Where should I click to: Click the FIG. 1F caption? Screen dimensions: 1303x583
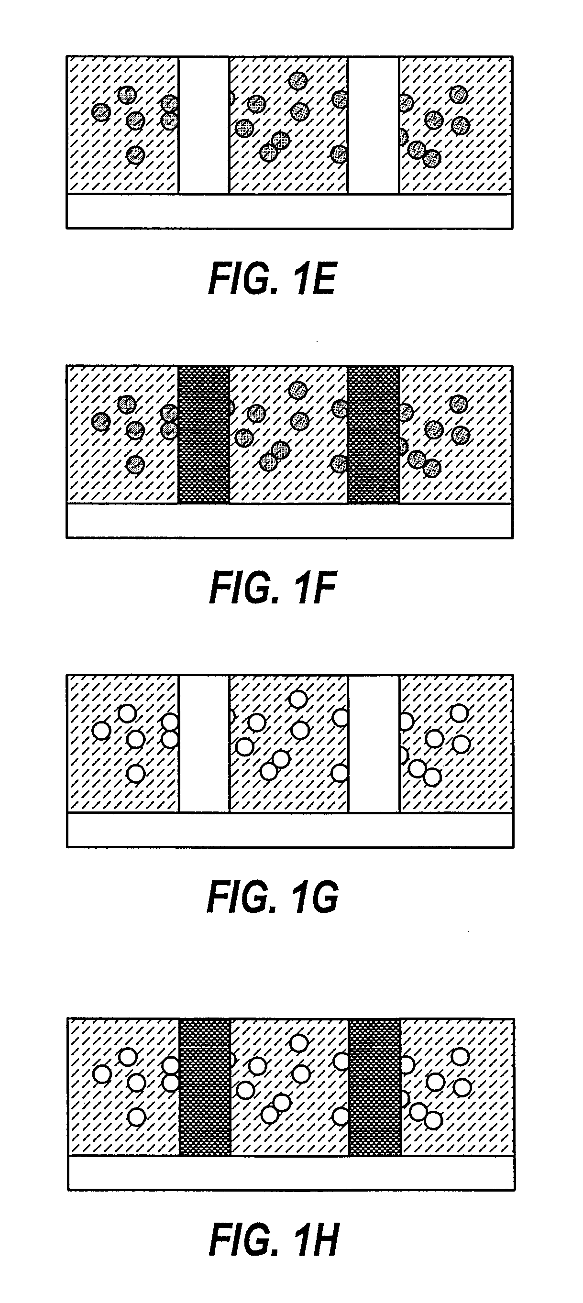point(273,588)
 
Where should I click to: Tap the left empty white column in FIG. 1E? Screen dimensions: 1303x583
point(204,125)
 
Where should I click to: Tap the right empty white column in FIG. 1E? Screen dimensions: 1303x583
point(374,125)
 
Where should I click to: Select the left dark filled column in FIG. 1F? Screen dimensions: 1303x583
point(204,435)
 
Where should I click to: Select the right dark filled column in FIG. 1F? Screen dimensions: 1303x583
point(374,435)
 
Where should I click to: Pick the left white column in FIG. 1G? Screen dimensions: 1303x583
point(204,744)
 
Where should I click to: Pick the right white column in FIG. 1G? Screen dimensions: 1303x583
point(374,744)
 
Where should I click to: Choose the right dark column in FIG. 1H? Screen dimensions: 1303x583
point(374,1086)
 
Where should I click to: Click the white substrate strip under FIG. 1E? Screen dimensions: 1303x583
point(289,211)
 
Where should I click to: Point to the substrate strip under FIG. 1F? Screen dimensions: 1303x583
point(289,521)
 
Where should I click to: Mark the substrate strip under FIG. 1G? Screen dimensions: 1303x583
point(289,830)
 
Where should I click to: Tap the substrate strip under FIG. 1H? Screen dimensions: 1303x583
point(291,1172)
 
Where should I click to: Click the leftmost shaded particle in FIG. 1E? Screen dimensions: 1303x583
point(101,112)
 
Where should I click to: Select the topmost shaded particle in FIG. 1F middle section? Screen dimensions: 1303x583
point(297,389)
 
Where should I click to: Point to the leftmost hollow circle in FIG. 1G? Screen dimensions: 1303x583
point(102,731)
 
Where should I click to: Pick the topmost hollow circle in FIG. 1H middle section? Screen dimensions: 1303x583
point(299,1042)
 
